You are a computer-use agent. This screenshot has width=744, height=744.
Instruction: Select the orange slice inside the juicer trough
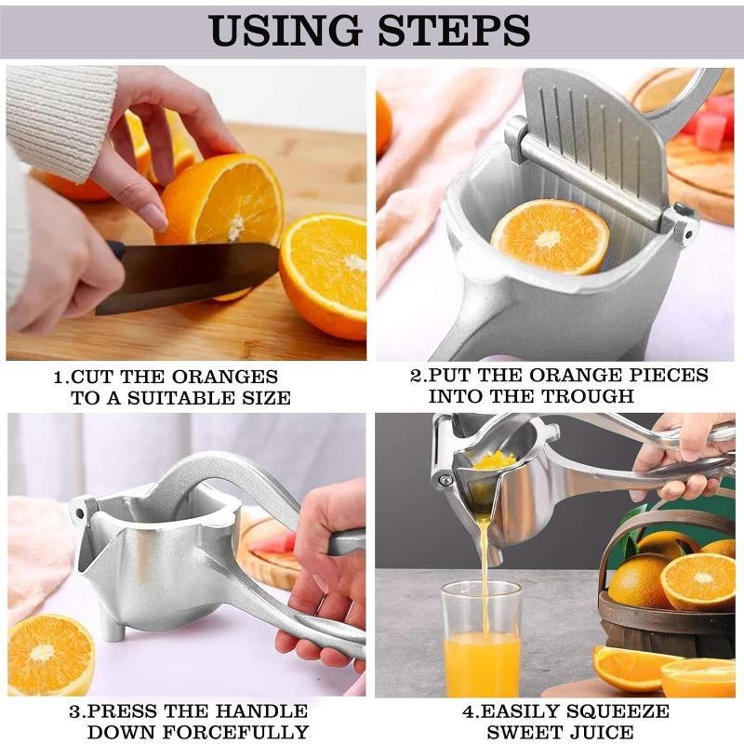coord(550,236)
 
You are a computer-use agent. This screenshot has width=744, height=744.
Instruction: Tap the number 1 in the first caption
coord(59,378)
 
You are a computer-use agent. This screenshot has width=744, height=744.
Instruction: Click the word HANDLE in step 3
coord(261,711)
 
